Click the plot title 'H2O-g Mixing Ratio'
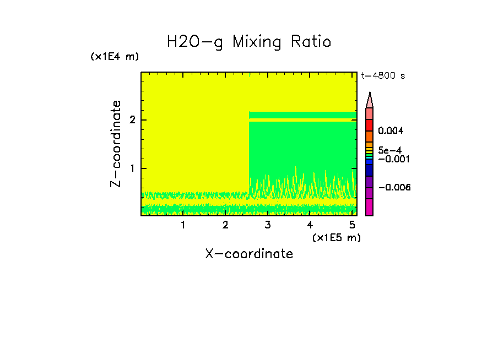click(x=249, y=42)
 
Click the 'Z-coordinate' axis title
click(x=116, y=144)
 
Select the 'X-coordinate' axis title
click(x=249, y=254)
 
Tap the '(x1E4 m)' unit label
click(x=115, y=57)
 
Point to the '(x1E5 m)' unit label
click(x=336, y=237)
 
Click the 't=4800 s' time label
click(x=383, y=76)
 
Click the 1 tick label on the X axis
click(x=183, y=225)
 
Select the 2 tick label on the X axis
click(x=225, y=225)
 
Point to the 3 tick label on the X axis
click(x=268, y=225)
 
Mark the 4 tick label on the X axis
click(x=310, y=225)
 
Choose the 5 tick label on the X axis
click(x=352, y=225)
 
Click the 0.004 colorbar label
click(x=391, y=131)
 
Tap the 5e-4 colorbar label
click(x=390, y=150)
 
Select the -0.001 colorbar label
click(x=392, y=159)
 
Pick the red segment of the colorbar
click(x=370, y=125)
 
